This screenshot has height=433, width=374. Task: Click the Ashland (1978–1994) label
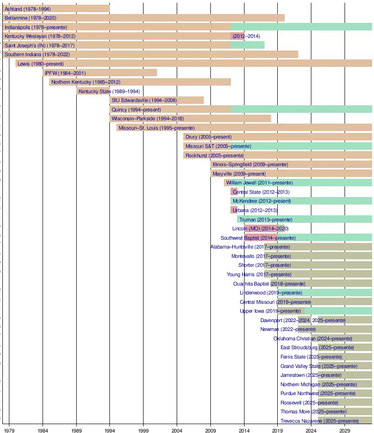click(x=28, y=9)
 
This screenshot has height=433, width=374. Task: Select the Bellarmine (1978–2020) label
click(x=30, y=18)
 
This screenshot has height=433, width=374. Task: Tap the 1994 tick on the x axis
click(x=110, y=429)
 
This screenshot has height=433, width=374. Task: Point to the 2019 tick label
click(x=278, y=429)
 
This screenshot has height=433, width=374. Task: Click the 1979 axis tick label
click(x=9, y=429)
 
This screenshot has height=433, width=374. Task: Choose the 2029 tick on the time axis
click(x=345, y=429)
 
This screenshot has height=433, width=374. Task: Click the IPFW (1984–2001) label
click(x=65, y=73)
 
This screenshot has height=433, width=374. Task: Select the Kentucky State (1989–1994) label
click(x=109, y=91)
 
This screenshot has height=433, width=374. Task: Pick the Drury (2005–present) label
click(x=209, y=137)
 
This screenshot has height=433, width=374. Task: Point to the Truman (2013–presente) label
click(x=266, y=220)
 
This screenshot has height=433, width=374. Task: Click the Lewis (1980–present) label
click(x=41, y=64)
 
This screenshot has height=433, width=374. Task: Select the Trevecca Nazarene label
click(x=320, y=421)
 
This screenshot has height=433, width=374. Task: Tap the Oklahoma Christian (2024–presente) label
click(x=313, y=338)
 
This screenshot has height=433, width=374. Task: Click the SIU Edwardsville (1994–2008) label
click(x=144, y=100)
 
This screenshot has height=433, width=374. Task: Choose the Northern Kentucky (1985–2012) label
click(x=86, y=82)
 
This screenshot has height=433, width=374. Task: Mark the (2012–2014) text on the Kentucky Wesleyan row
click(x=246, y=36)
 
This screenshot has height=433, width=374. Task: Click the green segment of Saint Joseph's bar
click(x=247, y=45)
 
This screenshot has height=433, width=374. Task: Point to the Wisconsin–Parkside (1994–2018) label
click(x=148, y=118)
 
